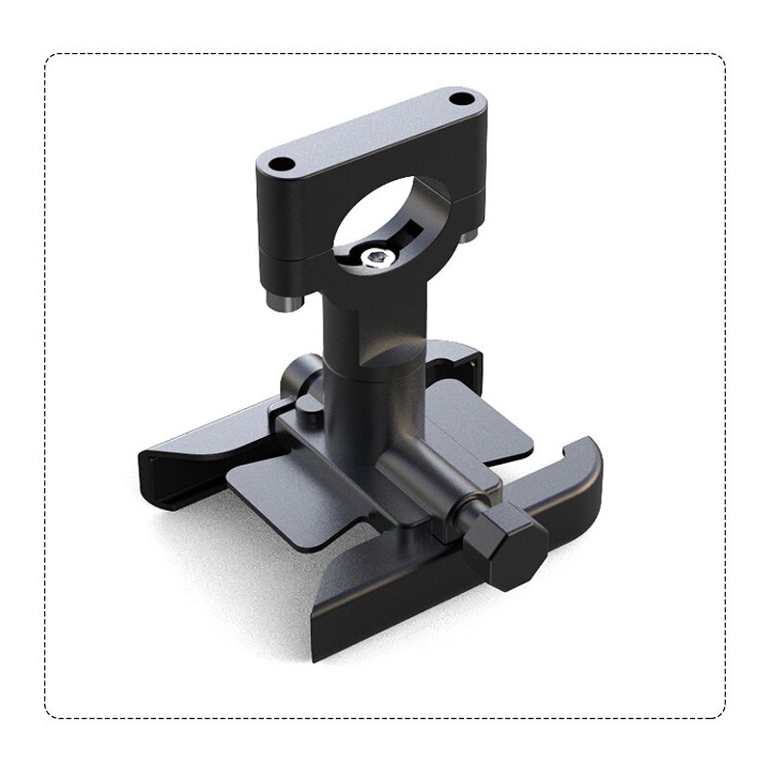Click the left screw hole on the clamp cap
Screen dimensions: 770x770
tap(279, 165)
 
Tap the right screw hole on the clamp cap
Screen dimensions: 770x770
tap(463, 98)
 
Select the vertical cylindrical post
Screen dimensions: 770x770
tap(371, 385)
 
